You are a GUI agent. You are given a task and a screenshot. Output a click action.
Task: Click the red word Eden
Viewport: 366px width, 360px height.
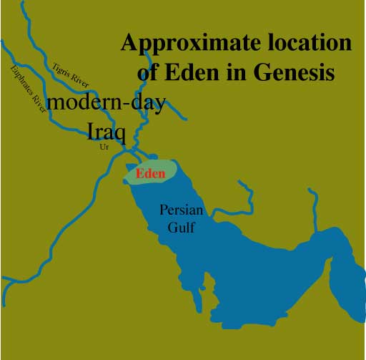150,173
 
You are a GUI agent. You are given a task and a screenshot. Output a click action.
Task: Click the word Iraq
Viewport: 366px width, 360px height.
106,130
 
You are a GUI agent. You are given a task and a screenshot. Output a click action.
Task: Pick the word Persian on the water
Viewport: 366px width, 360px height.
177,212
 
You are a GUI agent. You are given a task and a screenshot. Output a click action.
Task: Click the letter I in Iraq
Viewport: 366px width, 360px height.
91,130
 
